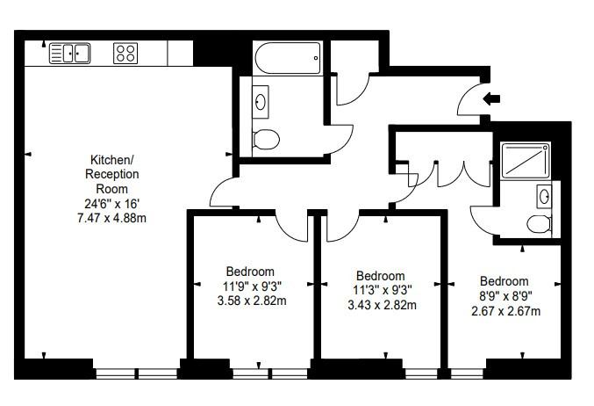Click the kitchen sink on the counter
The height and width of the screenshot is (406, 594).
69,53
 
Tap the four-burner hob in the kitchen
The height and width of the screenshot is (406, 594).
125,53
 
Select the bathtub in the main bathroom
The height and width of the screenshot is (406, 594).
288,58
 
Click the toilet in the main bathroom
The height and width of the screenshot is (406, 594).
266,139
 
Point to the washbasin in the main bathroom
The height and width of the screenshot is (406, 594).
261,102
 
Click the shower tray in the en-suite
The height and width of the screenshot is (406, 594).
525,161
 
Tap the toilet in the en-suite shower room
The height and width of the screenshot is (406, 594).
539,224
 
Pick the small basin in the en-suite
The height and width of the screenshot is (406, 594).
544,196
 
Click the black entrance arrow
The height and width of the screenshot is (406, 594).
491,98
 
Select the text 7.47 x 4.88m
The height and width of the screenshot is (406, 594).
111,218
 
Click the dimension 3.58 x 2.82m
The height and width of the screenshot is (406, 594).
252,301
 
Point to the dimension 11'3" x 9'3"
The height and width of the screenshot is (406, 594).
383,290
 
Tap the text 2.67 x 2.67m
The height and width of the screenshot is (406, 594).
506,311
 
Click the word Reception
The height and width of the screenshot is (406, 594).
111,174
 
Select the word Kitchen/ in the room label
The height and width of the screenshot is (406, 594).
111,160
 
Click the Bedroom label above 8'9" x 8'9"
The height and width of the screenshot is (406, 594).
505,281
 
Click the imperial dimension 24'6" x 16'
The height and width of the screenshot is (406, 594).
112,204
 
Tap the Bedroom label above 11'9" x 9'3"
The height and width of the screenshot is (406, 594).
250,272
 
